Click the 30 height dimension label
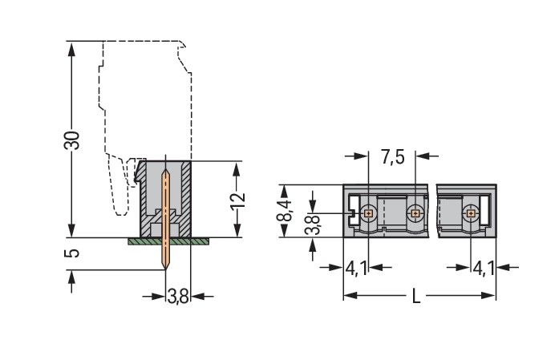[72, 140]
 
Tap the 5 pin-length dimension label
[72, 253]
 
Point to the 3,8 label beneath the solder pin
[177, 297]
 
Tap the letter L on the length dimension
[415, 297]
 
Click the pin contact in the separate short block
[470, 212]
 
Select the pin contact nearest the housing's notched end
[368, 212]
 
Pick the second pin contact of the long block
[415, 212]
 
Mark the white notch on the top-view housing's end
[350, 213]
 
